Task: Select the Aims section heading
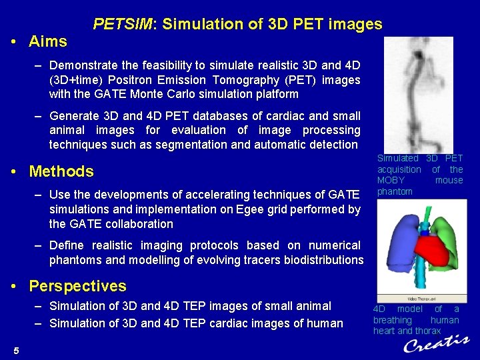tap(47, 41)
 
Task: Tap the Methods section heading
tap(61, 171)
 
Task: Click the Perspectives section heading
tap(77, 286)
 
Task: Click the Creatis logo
tap(436, 344)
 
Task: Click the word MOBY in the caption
tap(391, 181)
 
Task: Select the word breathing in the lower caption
tap(393, 320)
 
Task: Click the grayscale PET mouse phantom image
tap(417, 93)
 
